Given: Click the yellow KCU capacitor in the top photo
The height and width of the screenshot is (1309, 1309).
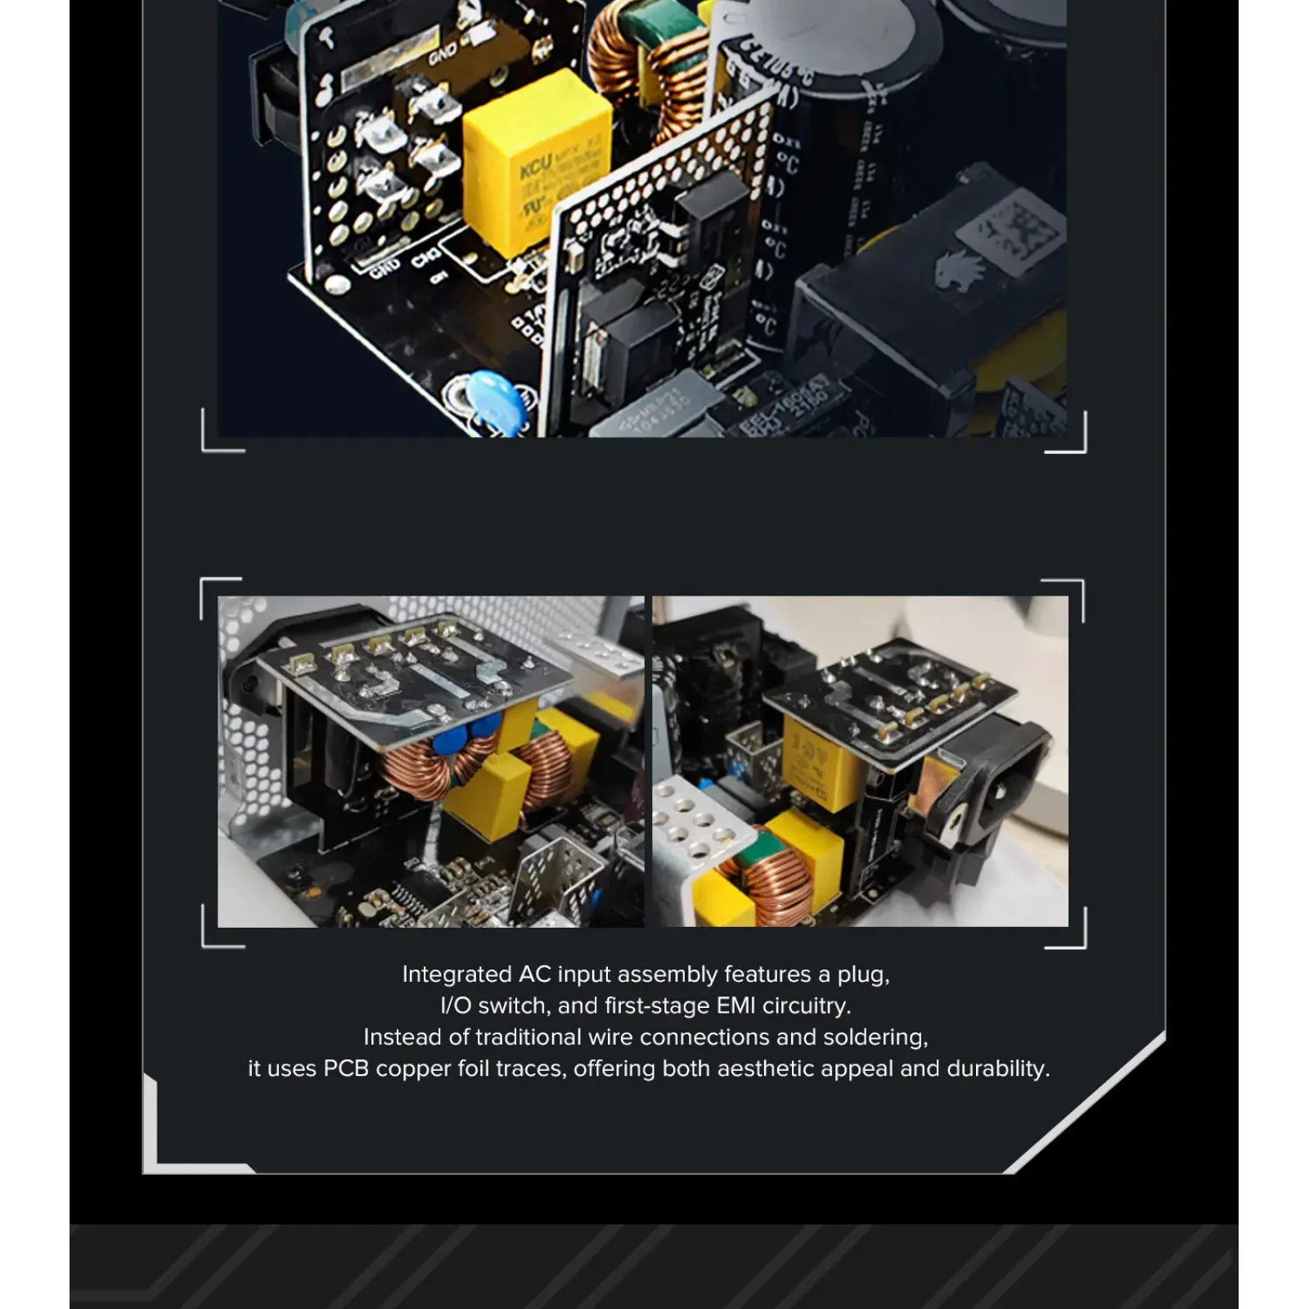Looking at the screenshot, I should point(536,164).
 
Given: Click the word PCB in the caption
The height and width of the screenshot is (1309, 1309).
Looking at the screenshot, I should point(346,1068).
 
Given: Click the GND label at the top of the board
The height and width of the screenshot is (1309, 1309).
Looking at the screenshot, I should point(443,55).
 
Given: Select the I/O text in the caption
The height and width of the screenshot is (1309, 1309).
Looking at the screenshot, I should point(455,1005).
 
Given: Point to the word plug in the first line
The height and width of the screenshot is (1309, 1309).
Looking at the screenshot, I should point(862,974).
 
